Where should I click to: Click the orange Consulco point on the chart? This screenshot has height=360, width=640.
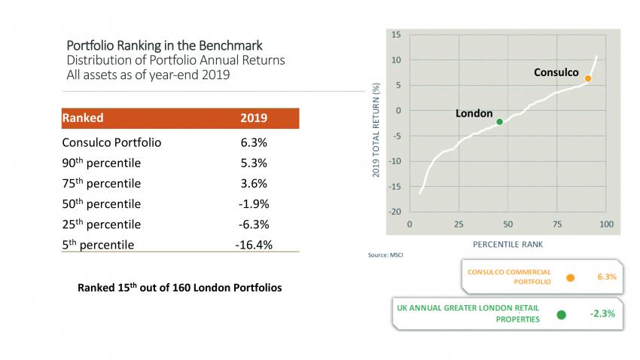point(588,78)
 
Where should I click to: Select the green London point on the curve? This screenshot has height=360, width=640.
point(499,121)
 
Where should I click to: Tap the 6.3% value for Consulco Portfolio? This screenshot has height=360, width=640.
point(253,142)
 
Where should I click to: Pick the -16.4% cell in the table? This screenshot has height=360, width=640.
point(253,244)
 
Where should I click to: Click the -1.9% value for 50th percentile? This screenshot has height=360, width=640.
point(253,203)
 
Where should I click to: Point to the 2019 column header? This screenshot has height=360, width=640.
point(253,118)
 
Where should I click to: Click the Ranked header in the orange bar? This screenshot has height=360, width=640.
point(83,118)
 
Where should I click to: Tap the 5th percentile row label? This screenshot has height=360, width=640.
point(99,244)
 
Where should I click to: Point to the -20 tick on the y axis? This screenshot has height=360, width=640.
point(395,211)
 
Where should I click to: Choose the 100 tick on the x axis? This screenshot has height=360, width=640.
point(607,224)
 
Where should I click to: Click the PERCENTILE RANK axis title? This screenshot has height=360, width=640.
point(507,244)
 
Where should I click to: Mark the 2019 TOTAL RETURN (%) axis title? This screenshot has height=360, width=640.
point(376,130)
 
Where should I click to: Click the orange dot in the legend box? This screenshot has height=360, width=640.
point(570,278)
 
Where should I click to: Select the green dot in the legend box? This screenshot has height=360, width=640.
point(561,315)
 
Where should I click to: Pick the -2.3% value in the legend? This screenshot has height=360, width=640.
point(603,313)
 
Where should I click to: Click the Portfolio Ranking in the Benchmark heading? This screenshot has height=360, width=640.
point(165,45)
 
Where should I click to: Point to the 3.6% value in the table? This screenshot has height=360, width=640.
point(253,183)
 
